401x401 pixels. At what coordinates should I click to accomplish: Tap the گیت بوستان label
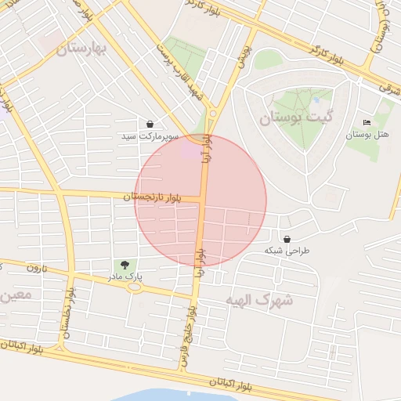tap(295, 118)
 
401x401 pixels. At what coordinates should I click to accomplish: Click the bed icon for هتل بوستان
tap(367, 122)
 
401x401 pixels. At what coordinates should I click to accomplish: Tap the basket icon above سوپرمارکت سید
tap(150, 124)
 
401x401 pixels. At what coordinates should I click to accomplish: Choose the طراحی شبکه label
tap(287, 251)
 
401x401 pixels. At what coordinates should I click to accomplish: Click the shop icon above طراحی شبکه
tap(287, 239)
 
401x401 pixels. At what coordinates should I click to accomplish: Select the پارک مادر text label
tap(125, 276)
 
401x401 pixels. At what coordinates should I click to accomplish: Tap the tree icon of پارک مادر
tap(124, 265)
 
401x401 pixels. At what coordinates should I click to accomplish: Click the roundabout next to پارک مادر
tap(135, 287)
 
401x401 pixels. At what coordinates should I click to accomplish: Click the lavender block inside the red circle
tap(192, 148)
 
